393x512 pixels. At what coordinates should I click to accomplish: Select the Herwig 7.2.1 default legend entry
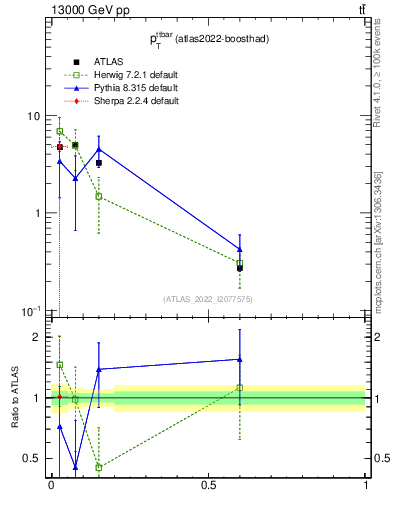point(130,75)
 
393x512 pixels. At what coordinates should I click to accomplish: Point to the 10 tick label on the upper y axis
point(32,116)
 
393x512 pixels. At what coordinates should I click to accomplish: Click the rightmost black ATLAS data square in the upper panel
point(240,268)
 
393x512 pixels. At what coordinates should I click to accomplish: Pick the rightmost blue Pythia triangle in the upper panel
point(240,249)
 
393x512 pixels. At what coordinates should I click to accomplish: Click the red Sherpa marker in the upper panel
point(60,147)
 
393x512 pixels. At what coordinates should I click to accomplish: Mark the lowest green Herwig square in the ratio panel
point(99,467)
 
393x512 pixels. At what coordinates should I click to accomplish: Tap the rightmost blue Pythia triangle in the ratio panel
point(240,359)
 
